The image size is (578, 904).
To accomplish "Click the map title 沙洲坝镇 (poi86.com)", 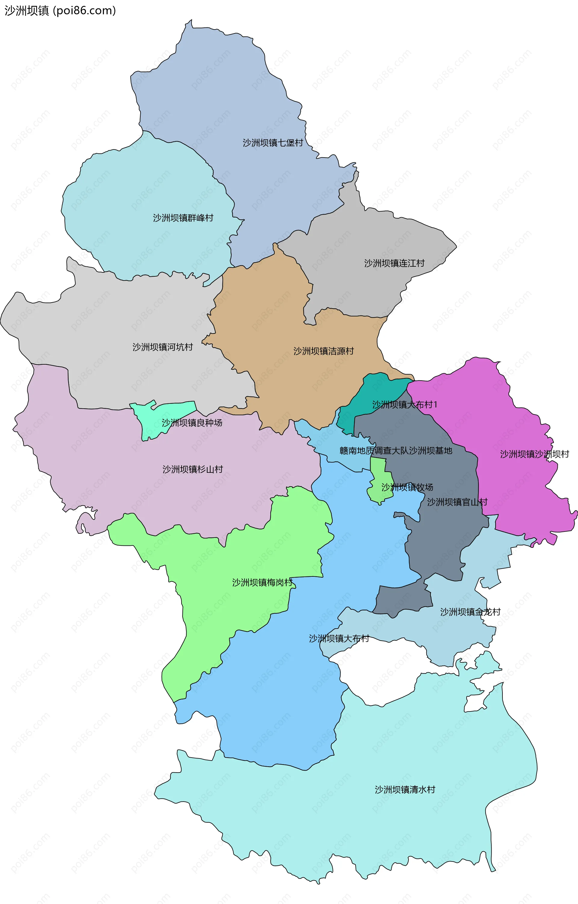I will coord(60,11).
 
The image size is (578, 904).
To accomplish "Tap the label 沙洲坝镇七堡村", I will coord(272,143).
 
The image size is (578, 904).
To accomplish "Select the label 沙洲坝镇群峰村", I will coord(183,218).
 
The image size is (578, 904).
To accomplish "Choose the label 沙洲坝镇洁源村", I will coord(324,351).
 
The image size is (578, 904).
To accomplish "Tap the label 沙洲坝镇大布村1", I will coord(405,404).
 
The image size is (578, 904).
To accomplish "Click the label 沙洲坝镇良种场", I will coord(192,423).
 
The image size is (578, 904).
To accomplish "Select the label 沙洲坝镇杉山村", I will coord(193,469).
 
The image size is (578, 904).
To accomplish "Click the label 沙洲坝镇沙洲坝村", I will coord(534,454).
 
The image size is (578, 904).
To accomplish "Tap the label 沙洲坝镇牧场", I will coord(407,487).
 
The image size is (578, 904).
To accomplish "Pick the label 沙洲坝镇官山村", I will coord(457,502).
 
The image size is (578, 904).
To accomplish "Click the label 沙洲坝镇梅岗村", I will coord(262,582).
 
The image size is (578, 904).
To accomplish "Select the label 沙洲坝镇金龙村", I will coord(470,612).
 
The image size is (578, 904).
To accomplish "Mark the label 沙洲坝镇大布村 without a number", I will coord(339,639).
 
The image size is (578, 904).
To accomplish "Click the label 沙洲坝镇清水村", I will coord(405,789).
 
